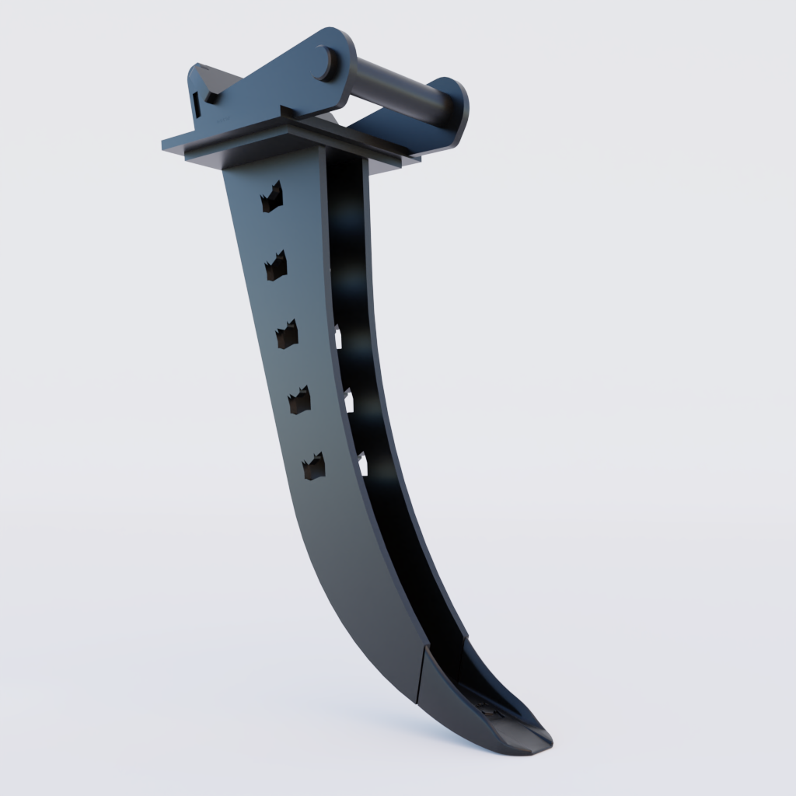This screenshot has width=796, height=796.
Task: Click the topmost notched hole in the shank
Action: [x=271, y=197]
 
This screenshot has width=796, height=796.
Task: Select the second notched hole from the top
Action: [x=276, y=266]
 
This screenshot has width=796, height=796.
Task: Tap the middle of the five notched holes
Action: [x=287, y=333]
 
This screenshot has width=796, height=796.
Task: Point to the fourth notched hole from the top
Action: [x=299, y=400]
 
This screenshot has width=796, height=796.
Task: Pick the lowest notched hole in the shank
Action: [x=314, y=466]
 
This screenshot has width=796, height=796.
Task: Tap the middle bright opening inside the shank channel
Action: [x=349, y=401]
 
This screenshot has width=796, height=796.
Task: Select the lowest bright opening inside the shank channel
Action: [x=363, y=464]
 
